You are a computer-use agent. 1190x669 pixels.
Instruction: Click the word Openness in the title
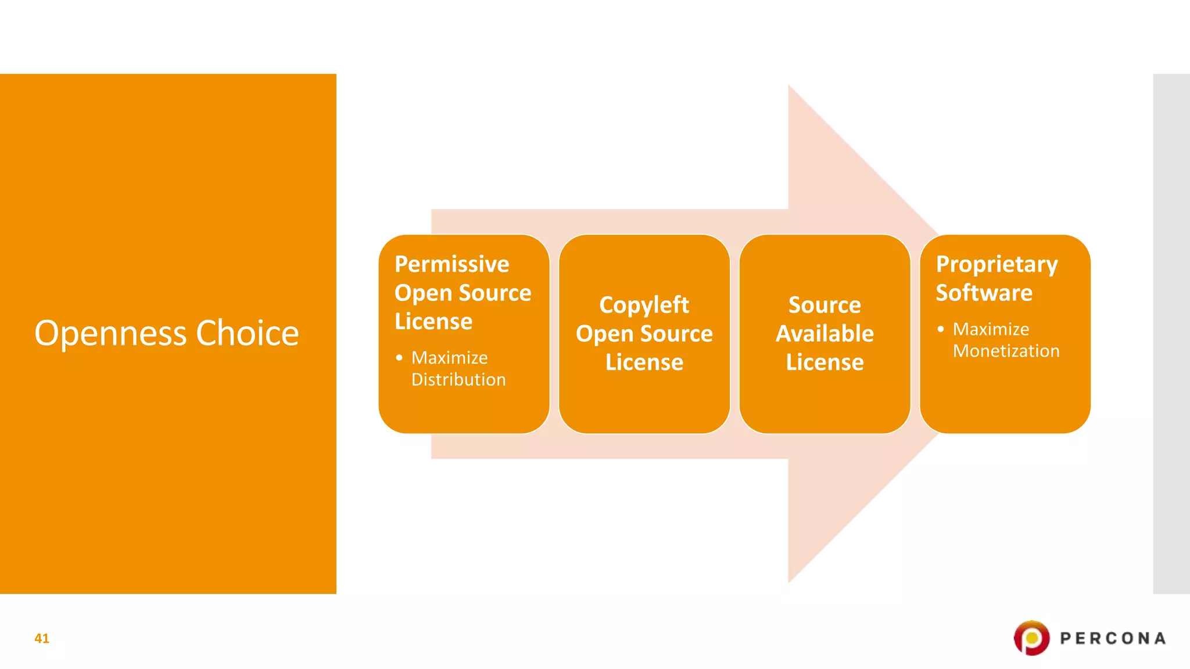(110, 333)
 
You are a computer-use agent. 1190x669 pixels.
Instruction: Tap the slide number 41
(42, 638)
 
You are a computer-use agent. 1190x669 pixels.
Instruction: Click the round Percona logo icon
(1031, 638)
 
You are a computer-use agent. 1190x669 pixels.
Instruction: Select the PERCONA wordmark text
(1113, 638)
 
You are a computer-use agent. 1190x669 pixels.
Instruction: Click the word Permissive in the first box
(451, 264)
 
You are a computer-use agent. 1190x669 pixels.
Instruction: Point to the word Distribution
(458, 380)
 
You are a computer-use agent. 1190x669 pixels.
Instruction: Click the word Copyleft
(644, 305)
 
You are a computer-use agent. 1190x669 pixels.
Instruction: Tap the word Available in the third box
(825, 334)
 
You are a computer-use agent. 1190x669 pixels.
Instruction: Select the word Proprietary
(997, 264)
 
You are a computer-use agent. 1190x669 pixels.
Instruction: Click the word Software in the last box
(984, 293)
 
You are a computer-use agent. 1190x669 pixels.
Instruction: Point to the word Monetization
(1006, 351)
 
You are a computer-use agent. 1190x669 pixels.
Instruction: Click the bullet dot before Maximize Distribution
(399, 358)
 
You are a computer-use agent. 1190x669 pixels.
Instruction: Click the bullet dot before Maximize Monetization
(940, 329)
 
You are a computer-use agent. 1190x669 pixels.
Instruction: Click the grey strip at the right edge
(1171, 333)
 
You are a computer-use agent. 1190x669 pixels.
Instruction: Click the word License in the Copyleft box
(644, 362)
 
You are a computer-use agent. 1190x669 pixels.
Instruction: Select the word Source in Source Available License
(825, 305)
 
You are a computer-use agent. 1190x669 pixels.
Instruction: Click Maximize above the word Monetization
(991, 329)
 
